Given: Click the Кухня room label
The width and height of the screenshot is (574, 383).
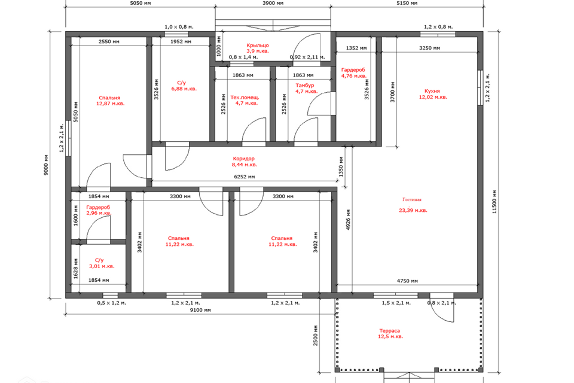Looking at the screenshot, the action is click(x=432, y=91).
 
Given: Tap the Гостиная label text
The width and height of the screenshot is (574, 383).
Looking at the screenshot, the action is click(x=412, y=200).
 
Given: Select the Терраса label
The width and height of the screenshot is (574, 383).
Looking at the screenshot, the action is click(x=389, y=330).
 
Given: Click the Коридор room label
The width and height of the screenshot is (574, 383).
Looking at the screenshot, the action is click(x=243, y=159).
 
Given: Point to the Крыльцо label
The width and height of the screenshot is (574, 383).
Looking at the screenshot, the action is click(x=258, y=45).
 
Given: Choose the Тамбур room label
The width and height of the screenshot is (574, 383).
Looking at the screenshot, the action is click(x=305, y=86).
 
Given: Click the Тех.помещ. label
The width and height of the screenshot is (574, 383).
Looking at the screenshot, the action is click(x=245, y=98).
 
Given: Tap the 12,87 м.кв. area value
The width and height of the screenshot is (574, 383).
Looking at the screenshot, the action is click(x=111, y=104).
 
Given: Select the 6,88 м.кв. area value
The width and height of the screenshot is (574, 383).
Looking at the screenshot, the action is click(x=184, y=89).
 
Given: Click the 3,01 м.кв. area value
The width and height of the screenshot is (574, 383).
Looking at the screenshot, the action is click(x=102, y=266).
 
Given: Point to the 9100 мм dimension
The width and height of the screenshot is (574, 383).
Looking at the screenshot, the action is click(x=200, y=310).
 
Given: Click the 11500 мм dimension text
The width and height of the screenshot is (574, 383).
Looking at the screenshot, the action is click(x=494, y=202).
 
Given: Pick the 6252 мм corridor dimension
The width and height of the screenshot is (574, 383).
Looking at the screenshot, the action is click(x=245, y=177).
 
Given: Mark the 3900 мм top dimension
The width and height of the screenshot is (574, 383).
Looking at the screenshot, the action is click(x=273, y=4).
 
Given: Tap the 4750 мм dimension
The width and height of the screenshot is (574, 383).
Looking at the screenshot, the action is click(x=407, y=281).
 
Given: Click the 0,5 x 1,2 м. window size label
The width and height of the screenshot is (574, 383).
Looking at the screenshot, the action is click(x=112, y=303).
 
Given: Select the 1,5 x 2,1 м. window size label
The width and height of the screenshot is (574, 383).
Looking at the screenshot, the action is click(x=396, y=303).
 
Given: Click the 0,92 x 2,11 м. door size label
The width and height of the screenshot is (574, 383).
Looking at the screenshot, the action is click(x=307, y=57).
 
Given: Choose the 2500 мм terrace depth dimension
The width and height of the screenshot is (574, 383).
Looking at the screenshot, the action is click(x=316, y=335).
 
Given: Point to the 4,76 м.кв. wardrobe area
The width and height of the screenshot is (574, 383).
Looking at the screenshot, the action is click(x=354, y=76).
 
